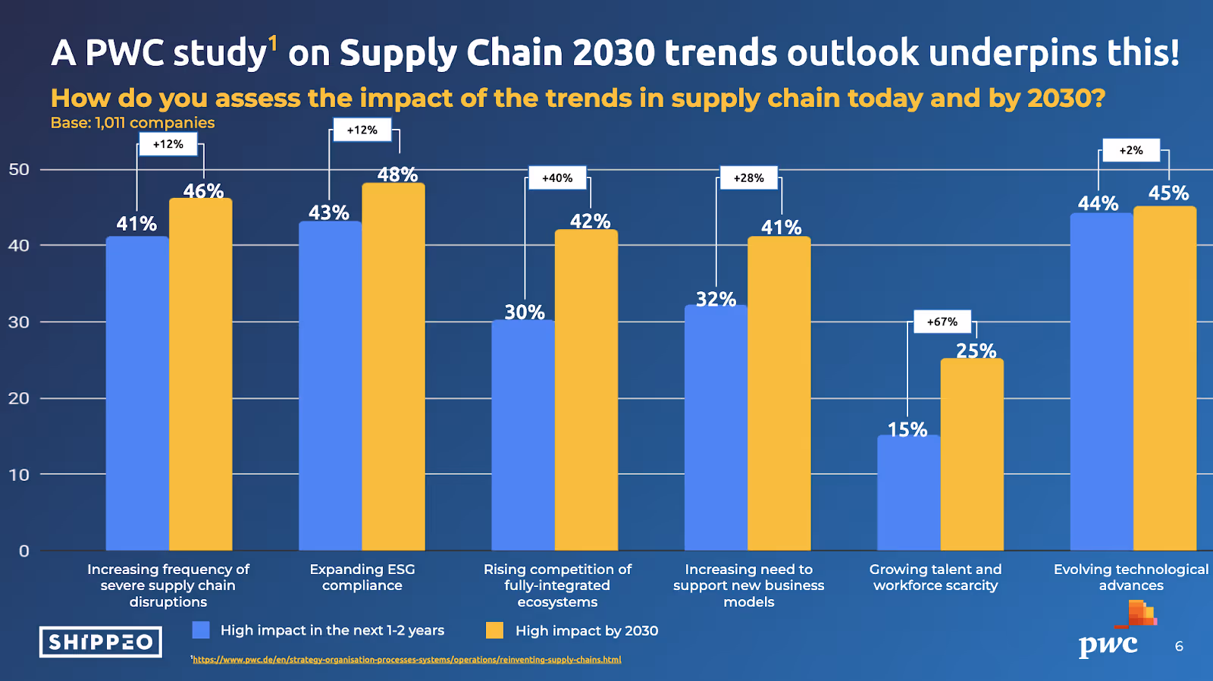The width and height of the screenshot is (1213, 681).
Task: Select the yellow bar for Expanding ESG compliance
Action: tap(393, 367)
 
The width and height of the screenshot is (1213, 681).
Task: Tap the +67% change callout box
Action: tap(942, 322)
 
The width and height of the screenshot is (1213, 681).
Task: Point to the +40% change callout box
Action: tap(557, 178)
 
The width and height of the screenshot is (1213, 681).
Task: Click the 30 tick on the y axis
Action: tap(19, 322)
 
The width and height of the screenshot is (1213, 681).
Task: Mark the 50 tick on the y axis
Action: tap(19, 170)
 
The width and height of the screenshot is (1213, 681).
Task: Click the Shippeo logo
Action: tap(101, 642)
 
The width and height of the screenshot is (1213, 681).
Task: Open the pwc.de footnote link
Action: tap(407, 660)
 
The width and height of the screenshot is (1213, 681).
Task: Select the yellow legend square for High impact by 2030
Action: tap(494, 630)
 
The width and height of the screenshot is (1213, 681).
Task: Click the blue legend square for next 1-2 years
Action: tap(201, 630)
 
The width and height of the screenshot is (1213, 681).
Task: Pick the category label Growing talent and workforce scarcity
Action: tap(936, 577)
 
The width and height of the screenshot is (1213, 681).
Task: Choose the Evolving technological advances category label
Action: tap(1131, 577)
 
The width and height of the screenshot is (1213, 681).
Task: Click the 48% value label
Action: tap(397, 175)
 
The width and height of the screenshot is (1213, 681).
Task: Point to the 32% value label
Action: tap(716, 300)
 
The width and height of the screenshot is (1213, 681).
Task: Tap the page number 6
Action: tap(1179, 646)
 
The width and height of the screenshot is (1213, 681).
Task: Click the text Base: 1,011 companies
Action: tap(133, 123)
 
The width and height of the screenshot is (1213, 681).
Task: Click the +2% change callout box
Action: tap(1131, 150)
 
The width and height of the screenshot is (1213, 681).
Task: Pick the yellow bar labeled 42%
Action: tap(586, 390)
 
